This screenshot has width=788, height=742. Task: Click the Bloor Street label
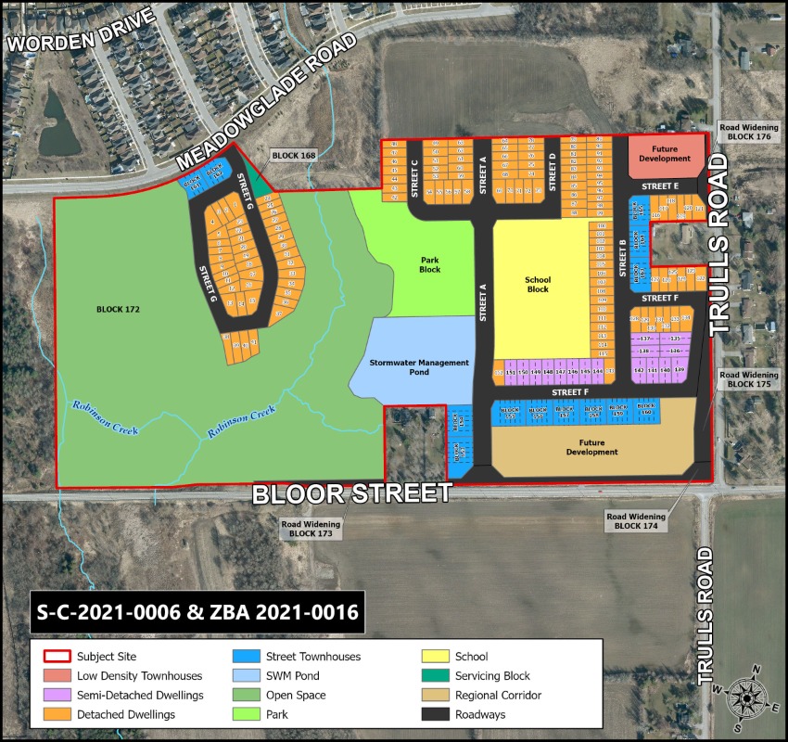pyautogui.click(x=352, y=493)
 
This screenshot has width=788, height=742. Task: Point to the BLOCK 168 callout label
pyautogui.click(x=293, y=155)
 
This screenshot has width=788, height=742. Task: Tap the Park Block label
pyautogui.click(x=429, y=264)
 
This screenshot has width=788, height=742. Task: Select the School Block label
pyautogui.click(x=538, y=284)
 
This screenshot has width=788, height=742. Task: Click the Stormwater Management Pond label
pyautogui.click(x=419, y=366)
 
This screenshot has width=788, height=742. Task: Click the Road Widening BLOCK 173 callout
pyautogui.click(x=311, y=529)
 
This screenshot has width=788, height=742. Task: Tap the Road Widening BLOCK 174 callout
pyautogui.click(x=636, y=520)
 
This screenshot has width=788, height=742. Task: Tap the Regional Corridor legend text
pyautogui.click(x=498, y=695)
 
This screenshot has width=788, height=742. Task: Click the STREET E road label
pyautogui.click(x=664, y=186)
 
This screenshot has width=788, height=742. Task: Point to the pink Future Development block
pyautogui.click(x=665, y=155)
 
